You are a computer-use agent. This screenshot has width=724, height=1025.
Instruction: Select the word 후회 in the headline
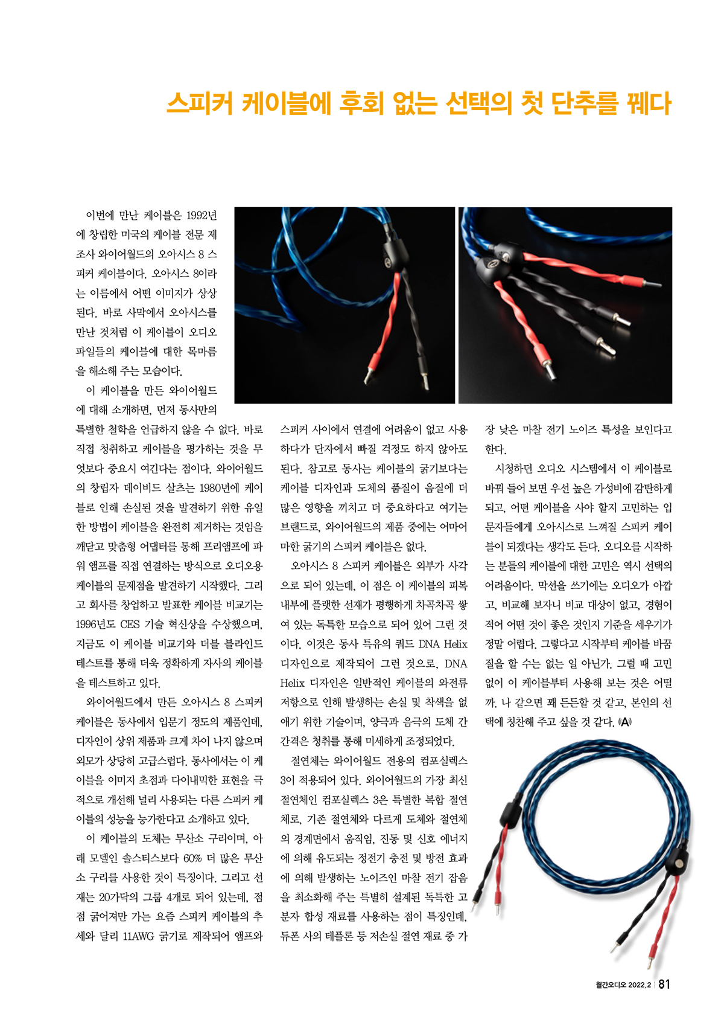click(x=366, y=103)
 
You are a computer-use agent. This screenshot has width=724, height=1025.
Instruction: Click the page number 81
click(x=664, y=984)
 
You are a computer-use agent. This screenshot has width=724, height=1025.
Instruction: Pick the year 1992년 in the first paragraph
click(x=202, y=215)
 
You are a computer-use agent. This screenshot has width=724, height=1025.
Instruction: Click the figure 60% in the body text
click(x=192, y=858)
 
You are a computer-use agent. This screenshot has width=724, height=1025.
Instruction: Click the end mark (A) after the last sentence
click(x=625, y=722)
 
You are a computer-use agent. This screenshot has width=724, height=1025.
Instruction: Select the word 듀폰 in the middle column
click(x=293, y=936)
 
